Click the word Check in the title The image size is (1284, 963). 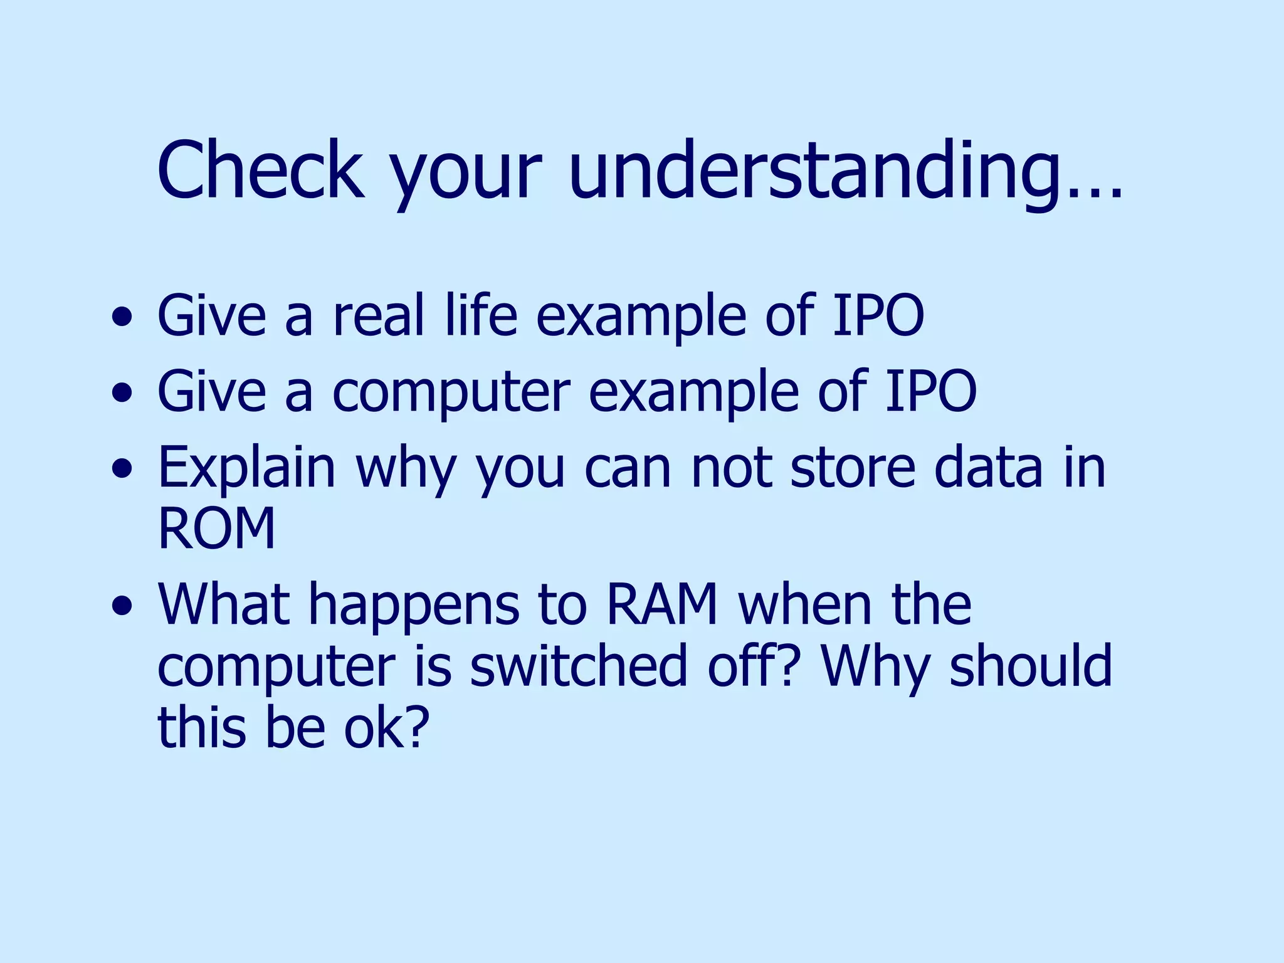[260, 171]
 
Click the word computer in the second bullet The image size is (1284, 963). [451, 392]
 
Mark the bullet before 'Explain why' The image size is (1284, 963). [122, 470]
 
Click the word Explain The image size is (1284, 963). [246, 469]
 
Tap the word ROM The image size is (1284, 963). [216, 529]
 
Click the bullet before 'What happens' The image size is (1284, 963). [122, 606]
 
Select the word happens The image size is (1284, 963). [414, 606]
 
